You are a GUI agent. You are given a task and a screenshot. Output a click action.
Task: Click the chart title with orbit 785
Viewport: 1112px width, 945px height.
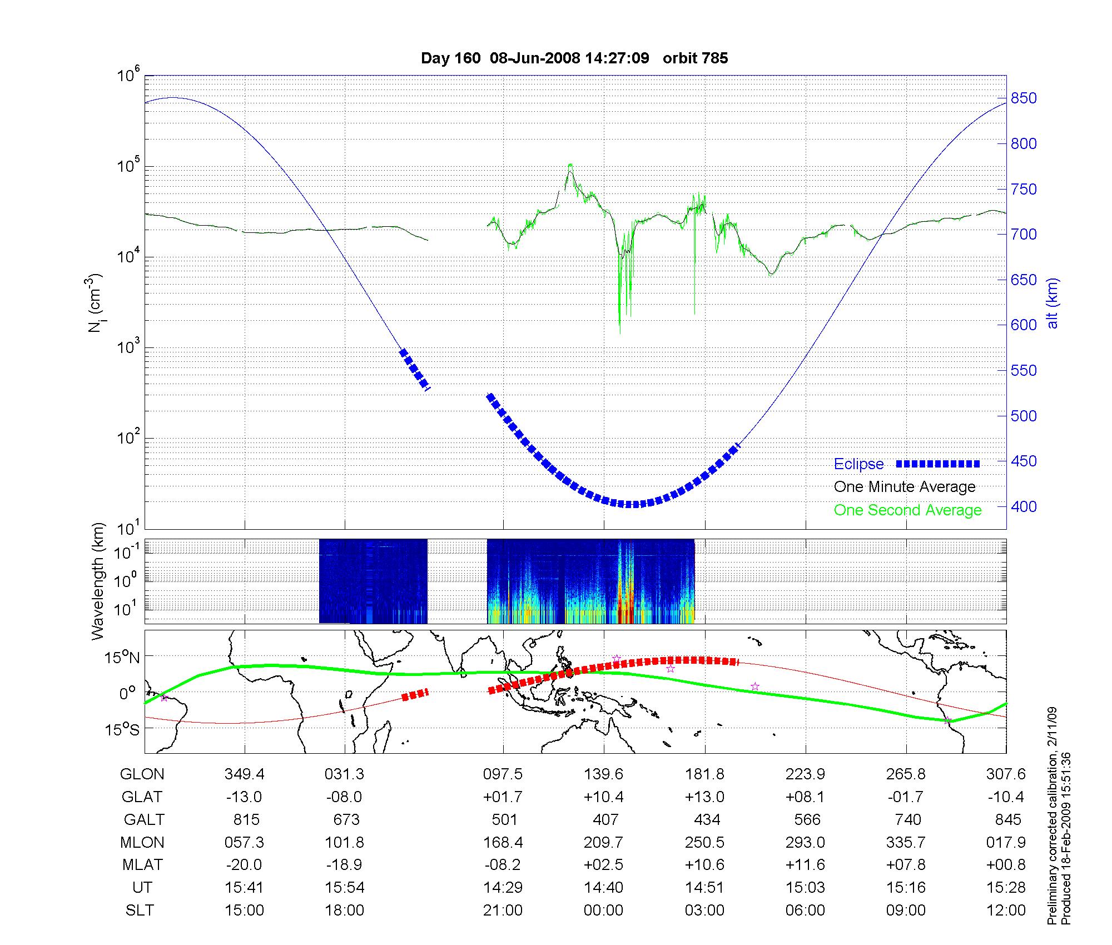(x=574, y=58)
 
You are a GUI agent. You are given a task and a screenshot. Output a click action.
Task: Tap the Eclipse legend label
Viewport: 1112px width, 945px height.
(x=858, y=464)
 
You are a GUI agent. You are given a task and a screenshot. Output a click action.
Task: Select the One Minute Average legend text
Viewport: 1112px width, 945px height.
(x=905, y=487)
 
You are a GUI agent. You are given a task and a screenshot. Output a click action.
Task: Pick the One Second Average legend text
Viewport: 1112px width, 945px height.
(x=907, y=510)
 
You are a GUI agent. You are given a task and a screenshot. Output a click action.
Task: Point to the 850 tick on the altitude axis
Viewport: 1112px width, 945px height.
(x=1024, y=98)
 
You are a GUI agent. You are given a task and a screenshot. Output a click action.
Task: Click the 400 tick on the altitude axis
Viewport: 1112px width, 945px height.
(x=1024, y=506)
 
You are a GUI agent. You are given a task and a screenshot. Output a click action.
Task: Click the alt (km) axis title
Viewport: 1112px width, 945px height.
(x=1053, y=303)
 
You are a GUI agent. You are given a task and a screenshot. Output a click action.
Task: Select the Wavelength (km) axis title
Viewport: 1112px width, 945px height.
(x=98, y=581)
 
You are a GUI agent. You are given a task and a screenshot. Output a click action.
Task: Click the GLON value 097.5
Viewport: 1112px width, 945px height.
(x=503, y=774)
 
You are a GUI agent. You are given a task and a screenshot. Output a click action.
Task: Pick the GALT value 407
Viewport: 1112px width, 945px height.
(x=605, y=820)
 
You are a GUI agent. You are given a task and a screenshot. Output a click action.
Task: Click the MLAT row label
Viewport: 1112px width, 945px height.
(x=142, y=865)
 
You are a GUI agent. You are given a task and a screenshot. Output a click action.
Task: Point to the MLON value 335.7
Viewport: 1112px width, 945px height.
(x=906, y=843)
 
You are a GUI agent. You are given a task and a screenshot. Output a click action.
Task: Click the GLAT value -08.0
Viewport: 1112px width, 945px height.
(x=344, y=797)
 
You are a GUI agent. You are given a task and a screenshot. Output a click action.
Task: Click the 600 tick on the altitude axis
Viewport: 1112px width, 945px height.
(x=1024, y=325)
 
